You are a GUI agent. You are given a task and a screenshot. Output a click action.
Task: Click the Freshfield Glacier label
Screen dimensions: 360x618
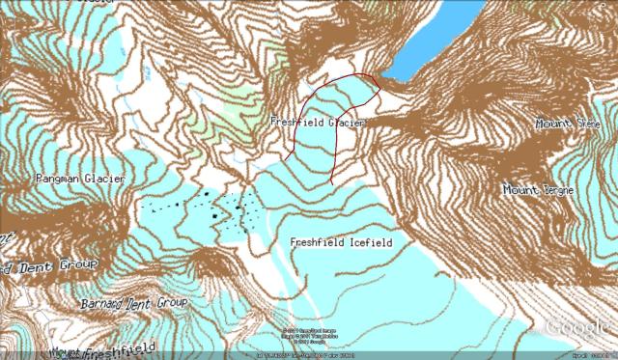tap(317, 124)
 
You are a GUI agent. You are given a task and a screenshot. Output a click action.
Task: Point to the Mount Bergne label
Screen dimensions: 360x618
tap(538, 190)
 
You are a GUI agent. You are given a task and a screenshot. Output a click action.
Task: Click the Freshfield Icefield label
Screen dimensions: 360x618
tap(341, 243)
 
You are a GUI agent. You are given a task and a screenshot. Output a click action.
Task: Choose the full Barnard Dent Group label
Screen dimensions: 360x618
tap(133, 302)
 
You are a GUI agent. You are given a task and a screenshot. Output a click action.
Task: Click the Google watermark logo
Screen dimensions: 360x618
tap(577, 328)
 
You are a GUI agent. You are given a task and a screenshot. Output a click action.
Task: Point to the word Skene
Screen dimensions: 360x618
tap(588, 124)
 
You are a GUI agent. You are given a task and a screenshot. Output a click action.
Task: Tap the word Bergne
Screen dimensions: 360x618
tap(554, 190)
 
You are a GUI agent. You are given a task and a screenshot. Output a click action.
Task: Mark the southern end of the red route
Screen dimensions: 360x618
tap(332, 182)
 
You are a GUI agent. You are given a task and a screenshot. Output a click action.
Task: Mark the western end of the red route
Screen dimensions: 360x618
tap(286, 158)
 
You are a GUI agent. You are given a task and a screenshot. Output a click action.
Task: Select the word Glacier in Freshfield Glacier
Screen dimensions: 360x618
tap(345, 124)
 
